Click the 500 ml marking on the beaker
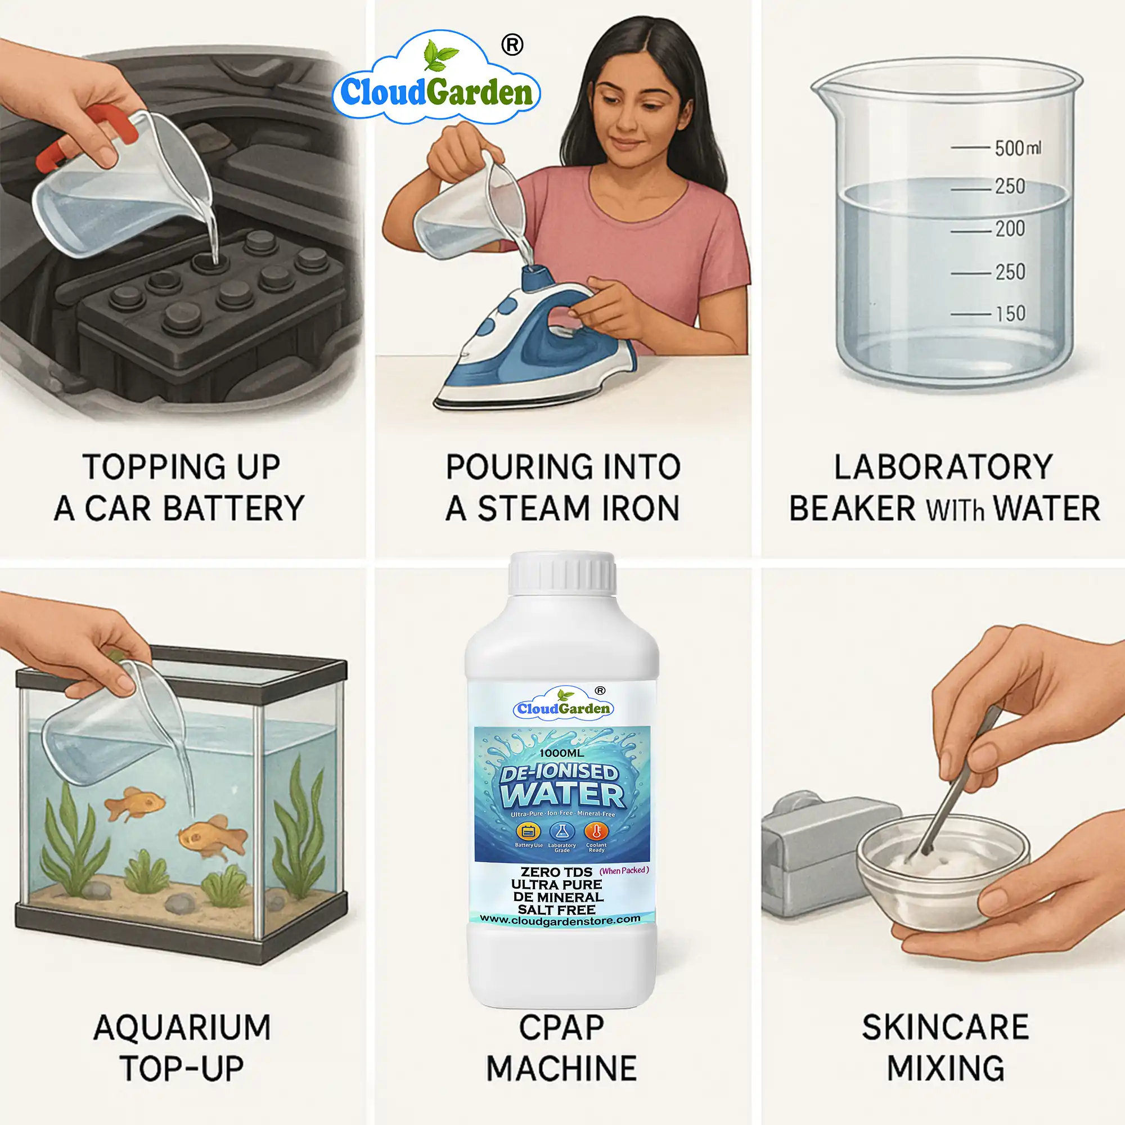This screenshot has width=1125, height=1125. click(x=1016, y=148)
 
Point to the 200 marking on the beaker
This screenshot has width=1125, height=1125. click(x=1010, y=228)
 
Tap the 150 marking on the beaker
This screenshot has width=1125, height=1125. click(x=1010, y=314)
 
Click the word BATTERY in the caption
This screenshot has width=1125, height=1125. click(x=233, y=508)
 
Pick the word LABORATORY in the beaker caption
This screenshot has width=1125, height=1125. click(x=943, y=467)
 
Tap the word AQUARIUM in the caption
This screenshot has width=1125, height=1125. click(x=182, y=1028)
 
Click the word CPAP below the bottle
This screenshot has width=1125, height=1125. click(x=561, y=1028)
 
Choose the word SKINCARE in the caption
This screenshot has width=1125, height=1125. click(x=945, y=1028)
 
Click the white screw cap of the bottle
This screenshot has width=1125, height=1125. click(x=562, y=574)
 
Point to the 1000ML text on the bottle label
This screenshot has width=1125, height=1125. click(x=561, y=753)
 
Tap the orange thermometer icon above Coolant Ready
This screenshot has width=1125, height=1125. click(x=596, y=831)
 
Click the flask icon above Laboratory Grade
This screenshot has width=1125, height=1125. click(x=562, y=831)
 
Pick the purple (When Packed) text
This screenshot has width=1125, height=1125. click(x=624, y=871)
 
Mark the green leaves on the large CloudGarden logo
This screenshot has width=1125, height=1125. click(x=440, y=53)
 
